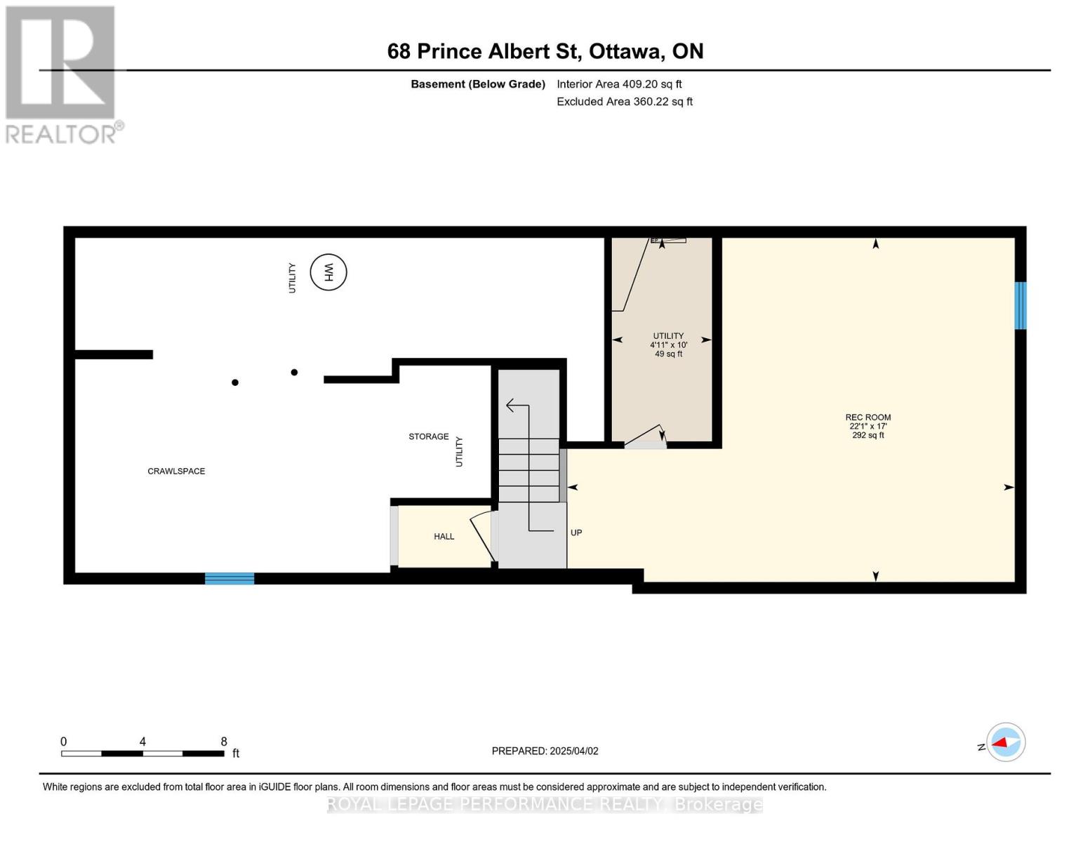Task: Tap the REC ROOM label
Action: pyautogui.click(x=868, y=417)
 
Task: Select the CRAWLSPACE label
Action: pyautogui.click(x=176, y=471)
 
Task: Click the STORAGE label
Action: pyautogui.click(x=428, y=436)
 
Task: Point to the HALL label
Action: pyautogui.click(x=444, y=536)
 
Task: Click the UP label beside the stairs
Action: pyautogui.click(x=576, y=533)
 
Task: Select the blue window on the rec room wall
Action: pyautogui.click(x=1020, y=305)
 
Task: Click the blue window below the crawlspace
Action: pyautogui.click(x=230, y=578)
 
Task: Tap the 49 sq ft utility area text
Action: pyautogui.click(x=668, y=354)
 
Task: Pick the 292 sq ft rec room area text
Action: pyautogui.click(x=868, y=435)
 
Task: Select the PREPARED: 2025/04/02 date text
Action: pyautogui.click(x=545, y=751)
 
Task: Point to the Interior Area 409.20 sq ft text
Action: pyautogui.click(x=619, y=84)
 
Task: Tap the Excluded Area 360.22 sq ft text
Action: pyautogui.click(x=624, y=102)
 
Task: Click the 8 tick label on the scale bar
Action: pyautogui.click(x=224, y=742)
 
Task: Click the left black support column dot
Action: pyautogui.click(x=235, y=382)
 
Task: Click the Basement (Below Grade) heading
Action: pyautogui.click(x=477, y=84)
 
